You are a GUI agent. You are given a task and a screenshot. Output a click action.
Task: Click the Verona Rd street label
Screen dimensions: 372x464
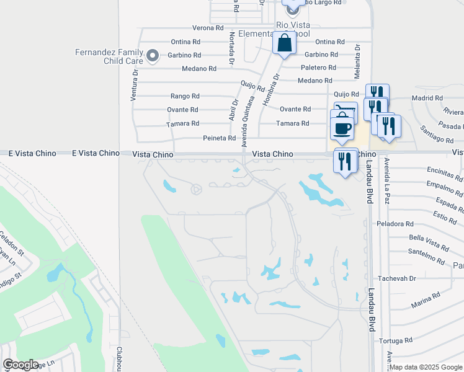click(208, 28)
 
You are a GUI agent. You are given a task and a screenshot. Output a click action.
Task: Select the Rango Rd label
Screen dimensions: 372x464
click(185, 96)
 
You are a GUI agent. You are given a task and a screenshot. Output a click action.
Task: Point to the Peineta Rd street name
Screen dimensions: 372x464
click(220, 138)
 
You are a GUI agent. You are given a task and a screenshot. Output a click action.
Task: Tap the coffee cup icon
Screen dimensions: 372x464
click(343, 127)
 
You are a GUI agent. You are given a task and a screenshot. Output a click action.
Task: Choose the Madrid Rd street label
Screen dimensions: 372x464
click(427, 98)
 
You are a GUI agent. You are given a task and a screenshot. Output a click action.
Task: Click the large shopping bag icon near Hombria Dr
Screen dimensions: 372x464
click(284, 44)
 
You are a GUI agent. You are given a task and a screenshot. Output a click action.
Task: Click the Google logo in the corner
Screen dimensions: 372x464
click(20, 365)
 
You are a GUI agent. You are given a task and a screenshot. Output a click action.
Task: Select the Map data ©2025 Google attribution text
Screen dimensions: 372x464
click(426, 367)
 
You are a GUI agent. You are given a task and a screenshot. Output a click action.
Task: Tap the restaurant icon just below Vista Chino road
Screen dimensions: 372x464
click(346, 161)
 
